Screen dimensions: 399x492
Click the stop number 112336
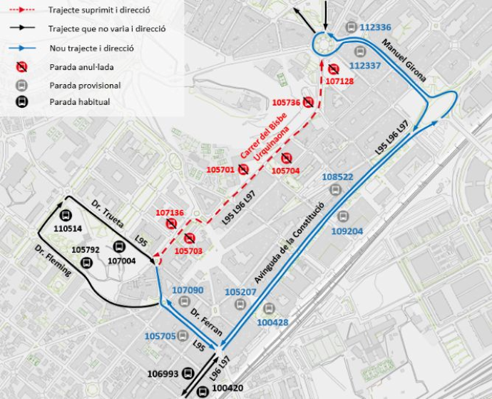(376, 28)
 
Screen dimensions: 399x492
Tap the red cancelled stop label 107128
(339, 81)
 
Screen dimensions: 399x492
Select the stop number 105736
(286, 103)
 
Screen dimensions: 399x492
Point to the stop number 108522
(337, 177)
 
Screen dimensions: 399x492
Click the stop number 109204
(347, 231)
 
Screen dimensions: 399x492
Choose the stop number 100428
(272, 323)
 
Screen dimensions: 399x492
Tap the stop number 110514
(68, 228)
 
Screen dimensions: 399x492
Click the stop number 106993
(163, 374)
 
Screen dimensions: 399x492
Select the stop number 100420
(228, 388)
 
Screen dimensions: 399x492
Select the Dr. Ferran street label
(205, 321)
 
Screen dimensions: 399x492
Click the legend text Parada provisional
(85, 86)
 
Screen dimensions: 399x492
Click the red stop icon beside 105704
(287, 158)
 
